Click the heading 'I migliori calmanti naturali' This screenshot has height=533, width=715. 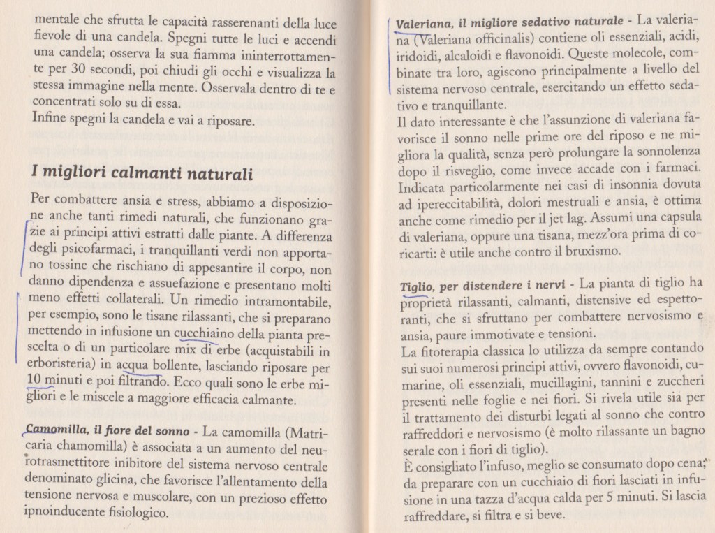coord(142,173)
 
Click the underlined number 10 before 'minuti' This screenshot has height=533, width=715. coord(34,381)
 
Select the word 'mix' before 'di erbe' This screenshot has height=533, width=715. coord(170,349)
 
